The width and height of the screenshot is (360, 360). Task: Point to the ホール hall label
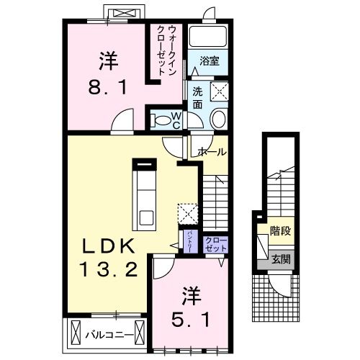[x=212, y=152]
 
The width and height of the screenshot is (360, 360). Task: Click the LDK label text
[x=107, y=246]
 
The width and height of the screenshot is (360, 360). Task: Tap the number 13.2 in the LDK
[x=107, y=270]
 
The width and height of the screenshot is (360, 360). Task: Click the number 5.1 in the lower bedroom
[x=189, y=317]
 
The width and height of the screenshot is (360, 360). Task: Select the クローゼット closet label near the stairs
[x=215, y=243]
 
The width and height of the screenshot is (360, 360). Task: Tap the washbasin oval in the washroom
[x=220, y=120]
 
